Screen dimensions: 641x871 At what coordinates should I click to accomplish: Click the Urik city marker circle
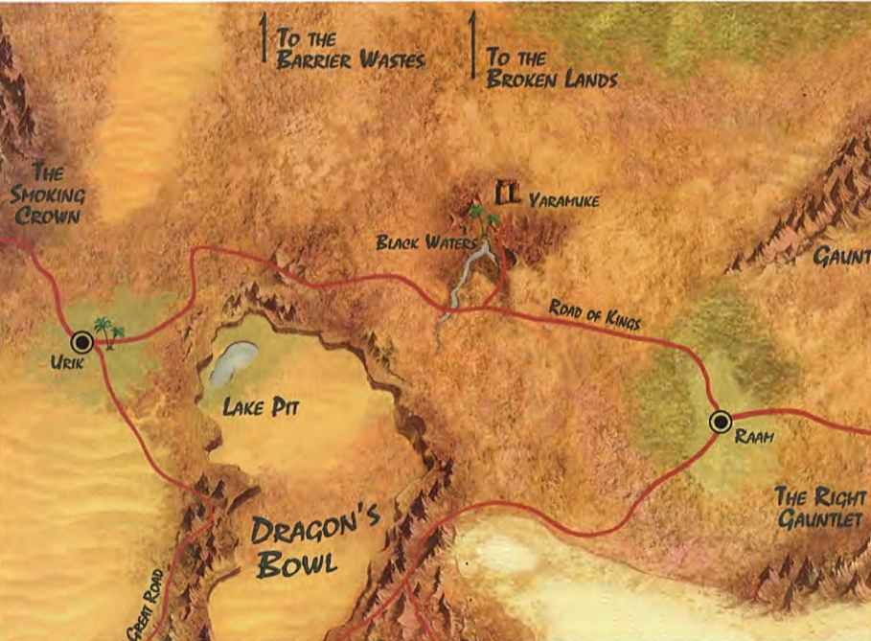81,340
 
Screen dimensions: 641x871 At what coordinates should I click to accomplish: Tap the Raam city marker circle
720,421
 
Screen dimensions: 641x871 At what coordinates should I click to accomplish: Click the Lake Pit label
262,407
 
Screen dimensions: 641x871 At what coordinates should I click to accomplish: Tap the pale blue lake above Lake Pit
233,362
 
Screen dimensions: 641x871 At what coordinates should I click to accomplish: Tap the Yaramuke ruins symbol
506,193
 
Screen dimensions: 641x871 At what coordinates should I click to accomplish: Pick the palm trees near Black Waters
483,217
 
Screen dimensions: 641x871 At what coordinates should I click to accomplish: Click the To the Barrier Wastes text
349,48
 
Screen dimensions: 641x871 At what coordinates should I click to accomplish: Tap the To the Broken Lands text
551,68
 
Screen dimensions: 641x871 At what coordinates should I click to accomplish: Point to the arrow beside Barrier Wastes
264,38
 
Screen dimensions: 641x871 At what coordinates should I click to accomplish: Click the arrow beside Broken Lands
472,44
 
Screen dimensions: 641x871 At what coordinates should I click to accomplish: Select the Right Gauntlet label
819,508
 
